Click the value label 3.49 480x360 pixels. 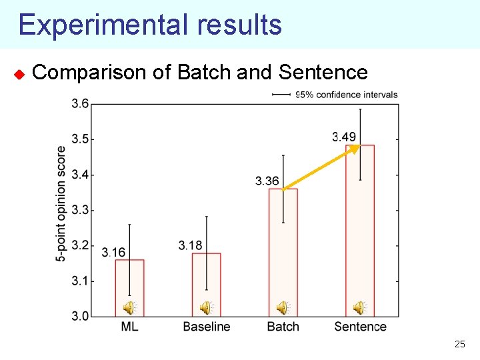344,137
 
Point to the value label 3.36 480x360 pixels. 267,181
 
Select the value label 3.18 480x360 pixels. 190,246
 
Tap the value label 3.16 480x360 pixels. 113,252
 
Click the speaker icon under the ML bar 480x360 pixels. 129,307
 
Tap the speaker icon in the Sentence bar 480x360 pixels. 359,307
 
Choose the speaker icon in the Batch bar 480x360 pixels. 283,307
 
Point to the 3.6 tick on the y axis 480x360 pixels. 81,103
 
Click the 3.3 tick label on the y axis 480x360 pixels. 81,210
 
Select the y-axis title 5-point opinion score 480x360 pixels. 61,203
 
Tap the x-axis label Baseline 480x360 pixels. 206,327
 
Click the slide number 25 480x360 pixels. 459,345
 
